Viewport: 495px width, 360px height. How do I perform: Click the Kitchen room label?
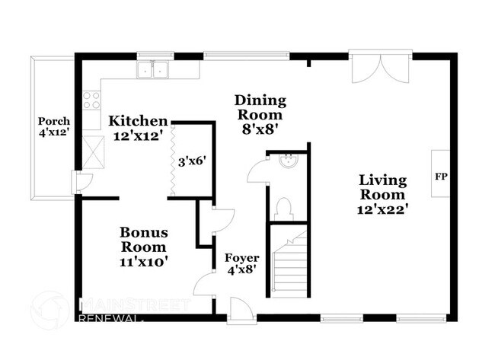click(x=138, y=121)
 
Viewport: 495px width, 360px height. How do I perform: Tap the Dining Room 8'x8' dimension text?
click(x=260, y=129)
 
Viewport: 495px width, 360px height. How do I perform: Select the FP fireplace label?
click(x=441, y=177)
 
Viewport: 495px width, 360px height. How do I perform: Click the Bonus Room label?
click(x=144, y=240)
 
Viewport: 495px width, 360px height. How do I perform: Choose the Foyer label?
click(x=242, y=258)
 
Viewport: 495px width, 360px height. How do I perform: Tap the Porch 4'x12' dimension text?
click(x=54, y=132)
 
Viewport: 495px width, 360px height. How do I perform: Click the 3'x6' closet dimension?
click(x=192, y=162)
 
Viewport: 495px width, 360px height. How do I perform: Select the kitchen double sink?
click(x=152, y=70)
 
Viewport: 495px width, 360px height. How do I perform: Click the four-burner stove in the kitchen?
click(x=91, y=100)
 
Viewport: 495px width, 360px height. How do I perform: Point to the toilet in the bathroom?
click(x=284, y=209)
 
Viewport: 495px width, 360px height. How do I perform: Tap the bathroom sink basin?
click(x=289, y=161)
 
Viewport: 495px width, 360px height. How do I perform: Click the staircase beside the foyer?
click(x=290, y=264)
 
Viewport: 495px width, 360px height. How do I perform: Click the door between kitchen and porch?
click(x=83, y=183)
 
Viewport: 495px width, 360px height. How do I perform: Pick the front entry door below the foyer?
click(x=241, y=310)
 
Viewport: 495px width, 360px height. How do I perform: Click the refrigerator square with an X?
click(x=93, y=152)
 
